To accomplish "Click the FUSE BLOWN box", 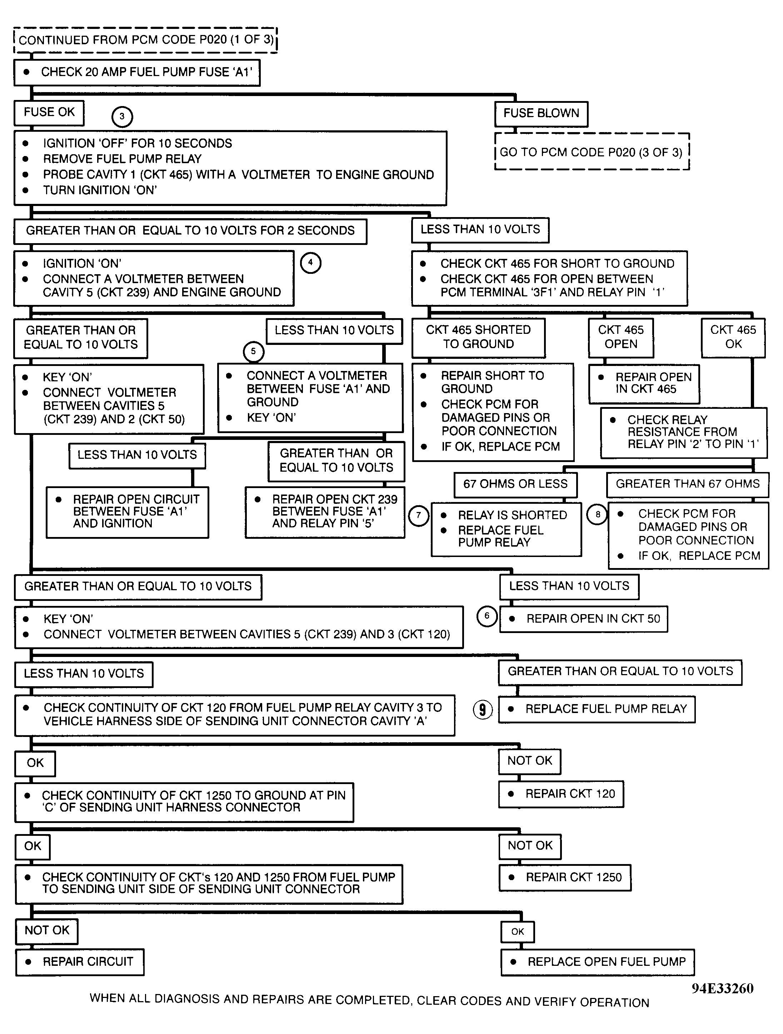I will pos(541,114).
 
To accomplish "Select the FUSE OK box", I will pos(49,113).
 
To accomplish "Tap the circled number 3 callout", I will pos(122,116).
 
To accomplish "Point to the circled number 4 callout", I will pos(310,263).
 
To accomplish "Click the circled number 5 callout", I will pos(254,352).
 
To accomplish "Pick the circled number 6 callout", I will pos(487,616).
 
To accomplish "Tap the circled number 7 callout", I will pos(419,516).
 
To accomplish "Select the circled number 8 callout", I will pos(597,515).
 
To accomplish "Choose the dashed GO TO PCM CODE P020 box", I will pos(592,152).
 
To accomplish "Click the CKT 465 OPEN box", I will pos(621,337).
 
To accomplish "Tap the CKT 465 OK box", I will pos(733,337).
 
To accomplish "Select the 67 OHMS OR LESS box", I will pos(515,484).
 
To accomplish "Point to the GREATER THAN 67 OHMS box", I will pos(687,484).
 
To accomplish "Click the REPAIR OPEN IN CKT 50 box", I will pos(584,619).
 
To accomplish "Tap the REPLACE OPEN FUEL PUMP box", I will pos(597,962).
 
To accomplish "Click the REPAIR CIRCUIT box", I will pos(80,962).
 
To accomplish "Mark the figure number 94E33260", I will pos(722,989).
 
